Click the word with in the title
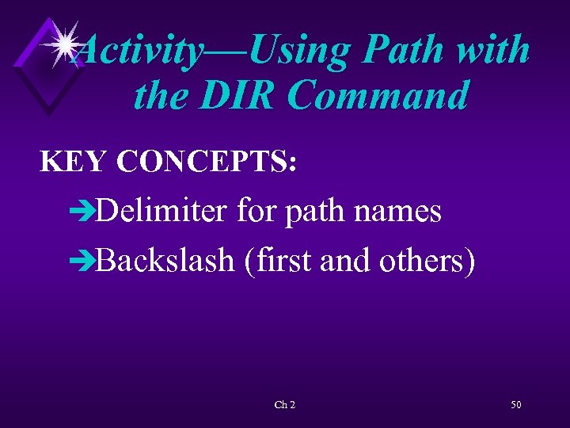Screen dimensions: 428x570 point(496,50)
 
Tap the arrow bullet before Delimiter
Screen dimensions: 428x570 point(82,212)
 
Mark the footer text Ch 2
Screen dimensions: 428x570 point(285,405)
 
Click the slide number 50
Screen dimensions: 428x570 point(515,405)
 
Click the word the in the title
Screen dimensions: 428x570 point(161,96)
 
